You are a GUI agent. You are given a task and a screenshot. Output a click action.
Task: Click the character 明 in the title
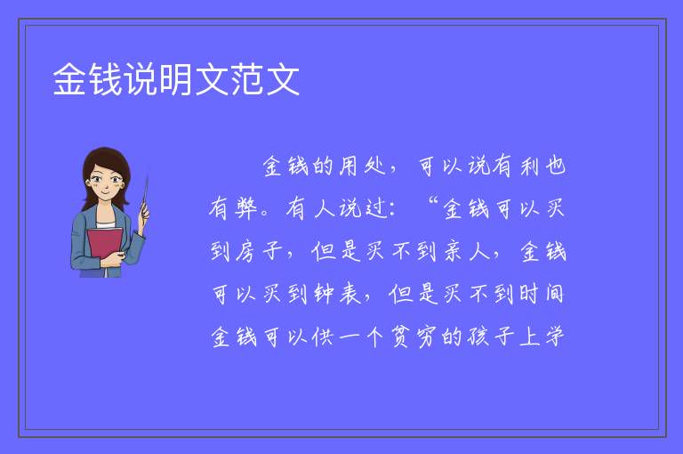tap(175, 79)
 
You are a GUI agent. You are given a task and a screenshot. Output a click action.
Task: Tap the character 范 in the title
tap(246, 79)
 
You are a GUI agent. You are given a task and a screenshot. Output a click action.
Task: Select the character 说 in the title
tap(141, 79)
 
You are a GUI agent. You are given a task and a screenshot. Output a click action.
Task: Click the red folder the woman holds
tap(104, 246)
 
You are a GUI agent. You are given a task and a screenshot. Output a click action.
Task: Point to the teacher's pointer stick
tap(145, 195)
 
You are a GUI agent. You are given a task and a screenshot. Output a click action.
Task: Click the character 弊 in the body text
tap(246, 208)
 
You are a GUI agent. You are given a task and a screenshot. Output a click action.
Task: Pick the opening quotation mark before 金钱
tap(432, 201)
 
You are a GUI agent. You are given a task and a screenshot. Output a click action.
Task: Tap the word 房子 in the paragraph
tap(259, 251)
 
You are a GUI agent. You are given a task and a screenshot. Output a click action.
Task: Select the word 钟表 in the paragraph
tap(337, 294)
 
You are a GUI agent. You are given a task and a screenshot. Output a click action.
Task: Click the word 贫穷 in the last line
tap(414, 337)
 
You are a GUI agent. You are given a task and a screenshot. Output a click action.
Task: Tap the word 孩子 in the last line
tap(491, 337)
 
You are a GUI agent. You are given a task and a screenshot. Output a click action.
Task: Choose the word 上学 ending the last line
tap(542, 337)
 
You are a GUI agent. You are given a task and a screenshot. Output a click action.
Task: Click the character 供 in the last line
tap(323, 337)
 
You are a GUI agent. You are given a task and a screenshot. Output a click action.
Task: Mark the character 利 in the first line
tap(530, 166)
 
